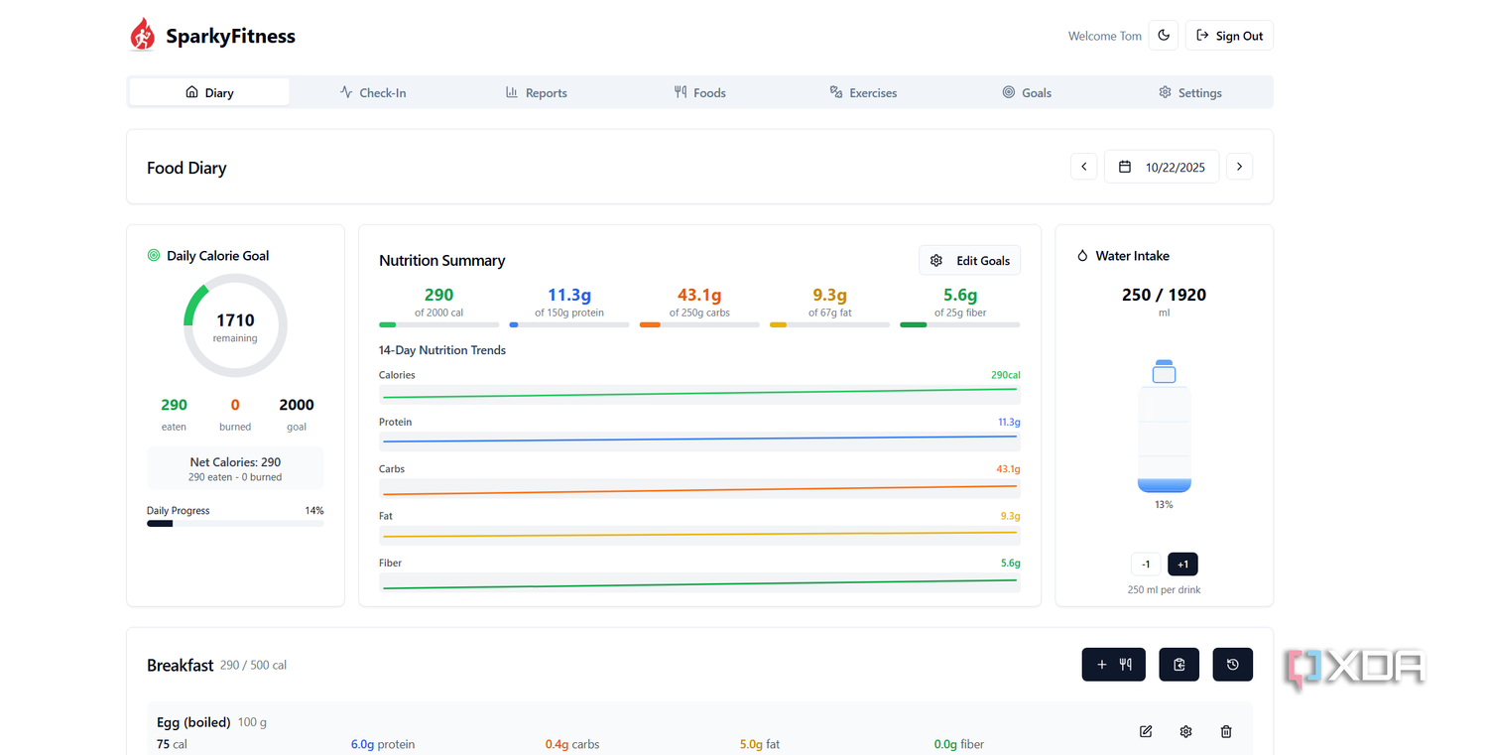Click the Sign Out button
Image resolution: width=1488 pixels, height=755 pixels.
point(1229,36)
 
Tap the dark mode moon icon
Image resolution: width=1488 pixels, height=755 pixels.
point(1164,36)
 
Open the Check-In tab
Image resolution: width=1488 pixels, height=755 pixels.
point(373,92)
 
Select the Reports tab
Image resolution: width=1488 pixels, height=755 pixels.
point(536,92)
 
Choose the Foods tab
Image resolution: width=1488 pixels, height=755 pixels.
point(699,92)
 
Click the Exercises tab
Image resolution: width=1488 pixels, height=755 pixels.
point(863,92)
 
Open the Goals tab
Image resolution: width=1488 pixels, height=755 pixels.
point(1027,92)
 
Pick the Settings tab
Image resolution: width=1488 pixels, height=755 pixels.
point(1189,92)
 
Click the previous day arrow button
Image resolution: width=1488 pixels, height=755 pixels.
point(1083,167)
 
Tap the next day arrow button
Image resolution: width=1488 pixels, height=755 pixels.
point(1239,167)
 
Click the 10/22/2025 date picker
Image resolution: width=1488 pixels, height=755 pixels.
point(1162,167)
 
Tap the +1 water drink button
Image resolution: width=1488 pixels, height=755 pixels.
point(1182,565)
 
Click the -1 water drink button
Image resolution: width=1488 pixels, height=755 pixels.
point(1145,565)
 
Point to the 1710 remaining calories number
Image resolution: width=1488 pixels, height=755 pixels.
point(235,320)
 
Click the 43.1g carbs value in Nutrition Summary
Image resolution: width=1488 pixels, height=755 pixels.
point(698,295)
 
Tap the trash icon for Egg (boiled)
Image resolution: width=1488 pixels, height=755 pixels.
point(1226,732)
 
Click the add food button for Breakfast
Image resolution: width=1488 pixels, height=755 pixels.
point(1113,665)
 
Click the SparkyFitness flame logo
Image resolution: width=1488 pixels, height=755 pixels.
point(142,35)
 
